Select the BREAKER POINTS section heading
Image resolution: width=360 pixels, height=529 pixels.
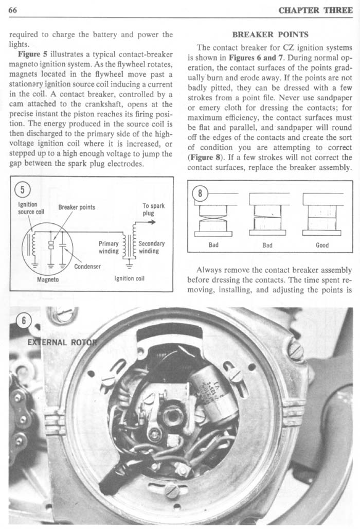tap(270, 35)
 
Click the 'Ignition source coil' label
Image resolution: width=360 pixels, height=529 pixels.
tap(27, 208)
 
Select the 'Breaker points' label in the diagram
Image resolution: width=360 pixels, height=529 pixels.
tap(77, 207)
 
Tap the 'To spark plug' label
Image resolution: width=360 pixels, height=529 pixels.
tap(153, 209)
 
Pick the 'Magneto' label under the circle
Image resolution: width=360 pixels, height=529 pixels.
tap(48, 280)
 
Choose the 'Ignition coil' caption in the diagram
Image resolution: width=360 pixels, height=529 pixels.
tap(132, 280)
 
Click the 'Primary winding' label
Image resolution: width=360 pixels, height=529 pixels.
tap(109, 247)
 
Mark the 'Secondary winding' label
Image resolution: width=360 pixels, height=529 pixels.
tap(151, 247)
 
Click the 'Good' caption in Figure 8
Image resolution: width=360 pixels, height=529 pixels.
tap(322, 245)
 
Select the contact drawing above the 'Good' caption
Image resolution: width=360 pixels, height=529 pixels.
tap(322, 215)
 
